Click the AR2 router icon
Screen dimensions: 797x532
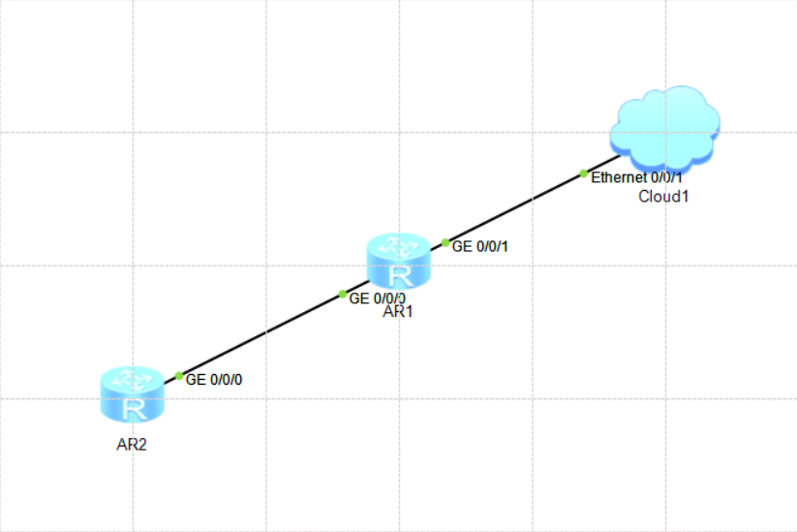coord(132,394)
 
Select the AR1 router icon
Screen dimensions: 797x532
coord(399,262)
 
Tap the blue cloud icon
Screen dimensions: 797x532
coord(664,129)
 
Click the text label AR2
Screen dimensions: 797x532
coord(132,445)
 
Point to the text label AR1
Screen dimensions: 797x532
coord(397,311)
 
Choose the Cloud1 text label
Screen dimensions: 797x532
coord(663,197)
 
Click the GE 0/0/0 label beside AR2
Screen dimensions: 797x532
coord(214,380)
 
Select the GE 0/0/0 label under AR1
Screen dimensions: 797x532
coord(377,298)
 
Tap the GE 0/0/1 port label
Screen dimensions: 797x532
coord(479,247)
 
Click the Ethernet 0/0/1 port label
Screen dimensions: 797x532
coord(636,177)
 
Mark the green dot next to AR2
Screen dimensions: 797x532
coord(179,376)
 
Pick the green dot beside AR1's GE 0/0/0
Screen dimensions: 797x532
coord(343,294)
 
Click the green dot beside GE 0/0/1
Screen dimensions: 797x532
coord(445,242)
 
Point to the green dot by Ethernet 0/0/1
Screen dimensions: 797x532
coord(584,174)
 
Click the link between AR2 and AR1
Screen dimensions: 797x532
coord(266,332)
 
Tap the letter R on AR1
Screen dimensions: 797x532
coord(400,276)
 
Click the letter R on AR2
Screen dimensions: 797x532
coord(134,410)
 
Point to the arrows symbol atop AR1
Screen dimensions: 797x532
coord(399,246)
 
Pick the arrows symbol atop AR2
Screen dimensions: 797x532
coord(132,379)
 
